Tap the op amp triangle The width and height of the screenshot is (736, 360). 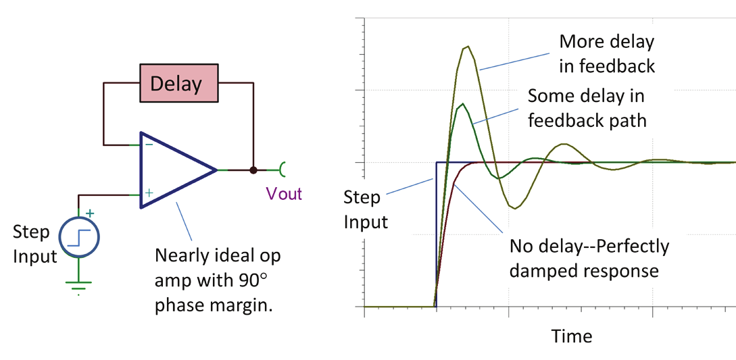click(172, 170)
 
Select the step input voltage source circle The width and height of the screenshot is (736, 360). click(79, 238)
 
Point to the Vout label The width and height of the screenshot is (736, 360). click(284, 194)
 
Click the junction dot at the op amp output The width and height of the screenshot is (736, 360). click(253, 170)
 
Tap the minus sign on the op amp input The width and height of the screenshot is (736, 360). click(149, 144)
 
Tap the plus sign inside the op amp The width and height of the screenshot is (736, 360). click(149, 193)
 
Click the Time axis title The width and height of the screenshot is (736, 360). click(571, 336)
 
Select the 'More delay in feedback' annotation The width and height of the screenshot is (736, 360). click(607, 53)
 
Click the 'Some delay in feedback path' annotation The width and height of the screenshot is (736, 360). click(587, 108)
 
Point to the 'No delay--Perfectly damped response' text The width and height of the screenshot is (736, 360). click(589, 257)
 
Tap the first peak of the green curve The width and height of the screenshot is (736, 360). click(463, 103)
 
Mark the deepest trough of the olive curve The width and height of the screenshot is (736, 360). click(515, 208)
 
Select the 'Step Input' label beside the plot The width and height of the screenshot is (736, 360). click(366, 209)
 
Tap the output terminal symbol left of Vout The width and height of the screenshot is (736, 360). click(283, 170)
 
